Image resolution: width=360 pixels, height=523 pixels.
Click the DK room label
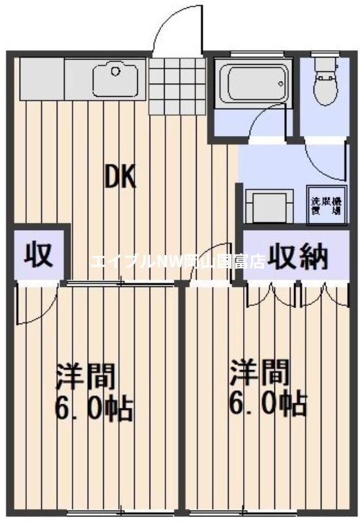pos(121,177)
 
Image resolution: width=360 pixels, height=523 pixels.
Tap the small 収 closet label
pos(39,254)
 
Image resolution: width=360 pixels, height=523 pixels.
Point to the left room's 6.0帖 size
pos(94,411)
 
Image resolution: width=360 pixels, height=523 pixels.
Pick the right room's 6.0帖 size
pos(267,405)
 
